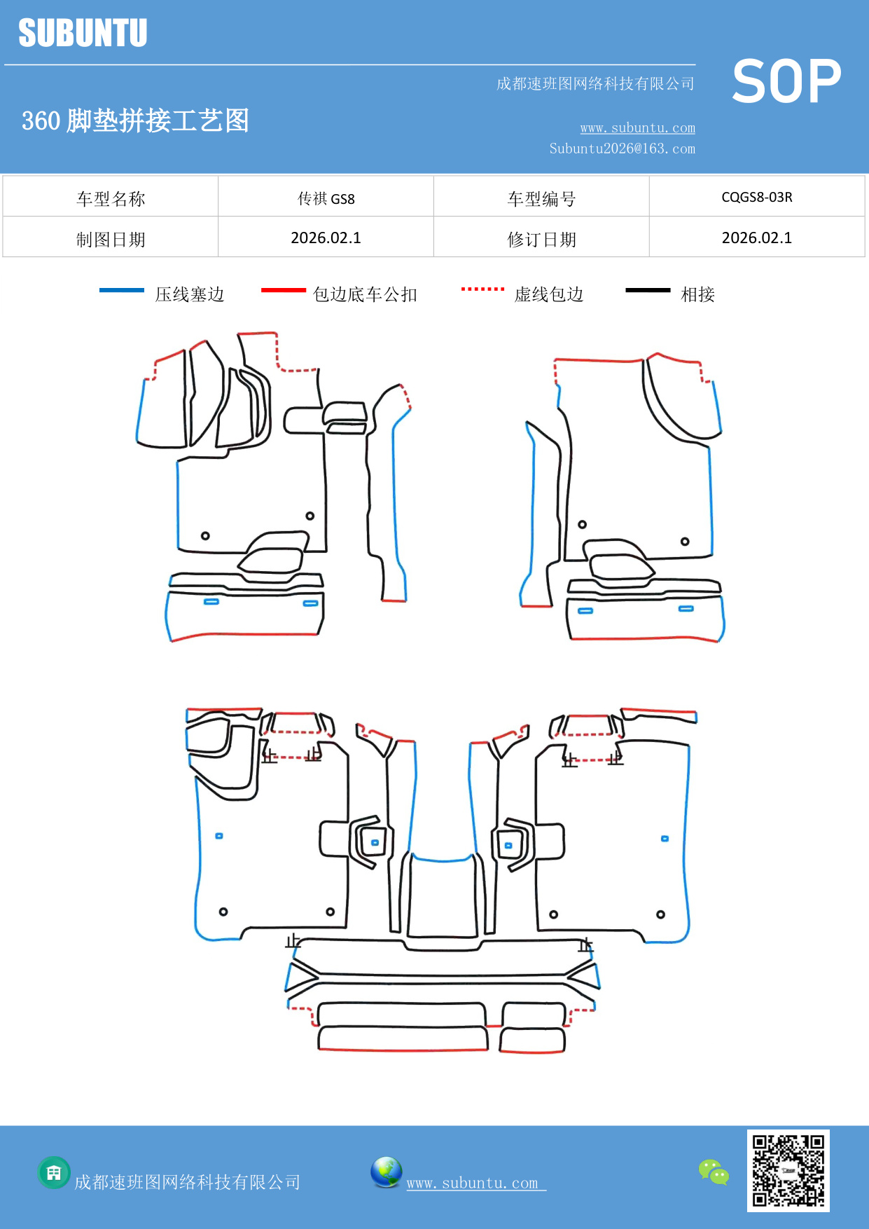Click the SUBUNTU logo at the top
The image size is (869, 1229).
click(83, 33)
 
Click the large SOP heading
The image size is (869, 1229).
click(786, 82)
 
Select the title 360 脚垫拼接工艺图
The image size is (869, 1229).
click(135, 121)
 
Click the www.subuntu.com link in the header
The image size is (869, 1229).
click(637, 128)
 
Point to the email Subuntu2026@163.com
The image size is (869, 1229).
click(622, 149)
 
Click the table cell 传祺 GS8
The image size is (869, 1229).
click(326, 198)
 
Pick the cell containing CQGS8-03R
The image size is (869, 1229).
click(756, 197)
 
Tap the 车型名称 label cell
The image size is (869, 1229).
click(111, 199)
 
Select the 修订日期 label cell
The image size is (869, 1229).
click(541, 240)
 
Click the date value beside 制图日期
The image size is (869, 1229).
click(326, 238)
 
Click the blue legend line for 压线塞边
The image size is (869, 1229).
click(122, 290)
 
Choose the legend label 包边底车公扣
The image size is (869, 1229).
click(365, 294)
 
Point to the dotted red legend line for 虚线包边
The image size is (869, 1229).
click(482, 289)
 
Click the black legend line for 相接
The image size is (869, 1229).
click(648, 290)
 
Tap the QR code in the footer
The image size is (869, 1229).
click(788, 1170)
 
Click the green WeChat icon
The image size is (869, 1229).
click(714, 1172)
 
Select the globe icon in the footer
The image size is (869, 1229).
click(386, 1172)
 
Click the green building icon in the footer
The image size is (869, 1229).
click(54, 1172)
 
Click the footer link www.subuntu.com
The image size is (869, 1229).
click(473, 1183)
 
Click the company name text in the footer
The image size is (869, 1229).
click(187, 1183)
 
